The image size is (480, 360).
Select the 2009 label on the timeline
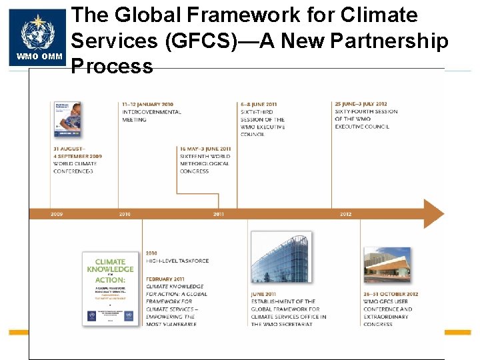tap(57, 214)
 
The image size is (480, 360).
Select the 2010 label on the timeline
tap(125, 214)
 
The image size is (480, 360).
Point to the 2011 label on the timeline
tap(219, 214)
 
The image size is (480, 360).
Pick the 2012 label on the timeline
tap(345, 214)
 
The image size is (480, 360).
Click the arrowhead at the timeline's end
tap(433, 214)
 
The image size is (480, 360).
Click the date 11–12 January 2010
tap(147, 105)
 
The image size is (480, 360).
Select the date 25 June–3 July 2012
tap(361, 105)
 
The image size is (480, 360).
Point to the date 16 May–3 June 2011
tap(205, 149)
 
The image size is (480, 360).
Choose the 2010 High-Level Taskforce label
tap(177, 261)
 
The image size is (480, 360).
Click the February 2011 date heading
tap(165, 279)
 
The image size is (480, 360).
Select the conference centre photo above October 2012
tap(387, 265)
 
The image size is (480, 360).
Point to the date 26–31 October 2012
tap(391, 294)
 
